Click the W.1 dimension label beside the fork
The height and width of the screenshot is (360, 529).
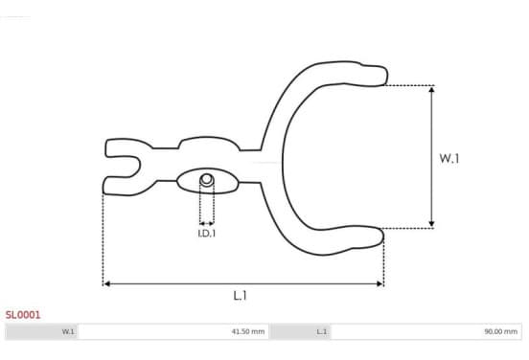click(x=449, y=158)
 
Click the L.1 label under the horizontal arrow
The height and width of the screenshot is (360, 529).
click(x=241, y=296)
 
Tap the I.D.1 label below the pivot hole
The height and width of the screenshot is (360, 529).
click(x=206, y=234)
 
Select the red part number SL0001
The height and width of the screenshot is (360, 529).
click(x=23, y=315)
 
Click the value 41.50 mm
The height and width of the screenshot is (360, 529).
click(x=247, y=331)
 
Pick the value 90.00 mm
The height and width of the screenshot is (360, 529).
click(x=500, y=331)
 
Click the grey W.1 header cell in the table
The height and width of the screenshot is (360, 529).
click(x=41, y=331)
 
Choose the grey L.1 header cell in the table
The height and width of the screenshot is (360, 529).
click(x=301, y=331)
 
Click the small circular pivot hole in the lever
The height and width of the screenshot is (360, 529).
click(x=206, y=179)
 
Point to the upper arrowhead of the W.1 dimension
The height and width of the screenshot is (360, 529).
click(x=431, y=89)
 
